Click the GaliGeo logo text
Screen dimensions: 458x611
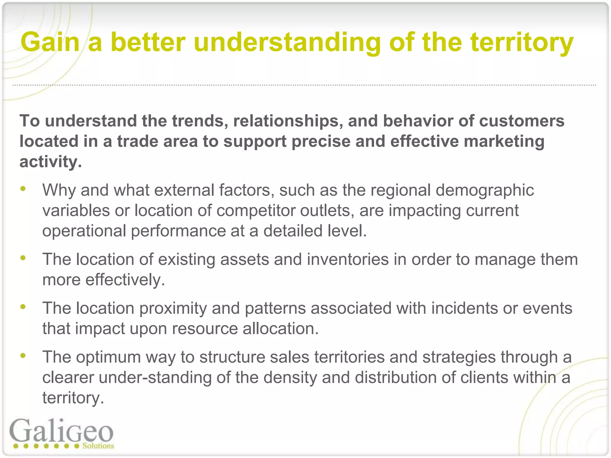61,431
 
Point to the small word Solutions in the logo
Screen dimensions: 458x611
98,446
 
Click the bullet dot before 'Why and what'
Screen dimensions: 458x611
23,189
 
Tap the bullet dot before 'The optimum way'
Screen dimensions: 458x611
23,355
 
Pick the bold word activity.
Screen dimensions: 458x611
50,162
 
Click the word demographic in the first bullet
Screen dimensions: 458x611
485,190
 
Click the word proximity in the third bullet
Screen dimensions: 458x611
173,308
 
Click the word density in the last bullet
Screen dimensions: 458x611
289,377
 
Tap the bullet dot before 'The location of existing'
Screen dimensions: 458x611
23,258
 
